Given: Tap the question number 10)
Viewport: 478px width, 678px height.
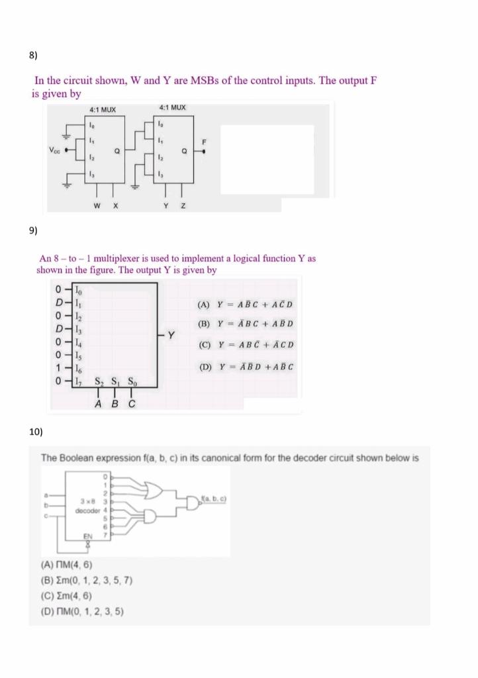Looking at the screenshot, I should tap(36, 432).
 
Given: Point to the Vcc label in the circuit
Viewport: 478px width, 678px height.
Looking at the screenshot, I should tap(54, 150).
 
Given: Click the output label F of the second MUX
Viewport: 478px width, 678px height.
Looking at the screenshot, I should tap(205, 142).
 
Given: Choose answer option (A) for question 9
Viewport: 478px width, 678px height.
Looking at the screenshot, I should tap(245, 305).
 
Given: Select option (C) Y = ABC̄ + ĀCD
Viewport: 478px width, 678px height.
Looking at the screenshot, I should tap(245, 345).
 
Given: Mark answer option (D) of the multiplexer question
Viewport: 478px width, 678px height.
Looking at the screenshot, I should tap(245, 366).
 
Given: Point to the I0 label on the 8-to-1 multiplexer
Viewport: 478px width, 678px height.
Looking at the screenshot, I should tap(77, 289).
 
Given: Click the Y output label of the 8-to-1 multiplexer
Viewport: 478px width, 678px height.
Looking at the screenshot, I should tap(171, 334).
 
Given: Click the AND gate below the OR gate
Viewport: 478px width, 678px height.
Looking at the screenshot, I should tap(150, 516).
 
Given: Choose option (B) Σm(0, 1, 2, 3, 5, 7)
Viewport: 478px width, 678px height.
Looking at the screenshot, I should tap(87, 580).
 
